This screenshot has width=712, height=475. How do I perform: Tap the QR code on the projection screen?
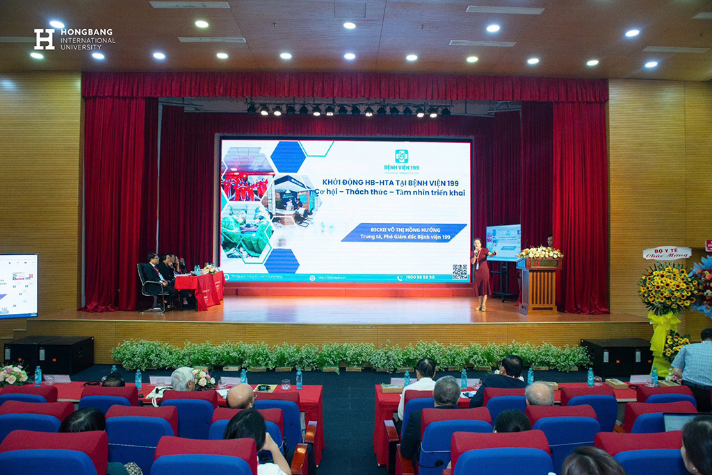(x=460, y=272)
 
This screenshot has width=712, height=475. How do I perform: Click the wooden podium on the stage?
(x=539, y=285)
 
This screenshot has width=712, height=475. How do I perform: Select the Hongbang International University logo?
(x=74, y=39)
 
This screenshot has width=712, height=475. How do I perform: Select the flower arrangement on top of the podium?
(x=540, y=252)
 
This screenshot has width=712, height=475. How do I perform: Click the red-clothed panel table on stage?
(x=200, y=288)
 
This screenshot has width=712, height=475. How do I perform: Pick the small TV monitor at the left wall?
(x=18, y=285)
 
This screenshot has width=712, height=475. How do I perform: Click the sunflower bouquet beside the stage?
(x=666, y=288)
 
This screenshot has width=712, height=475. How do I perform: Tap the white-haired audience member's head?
(x=183, y=379)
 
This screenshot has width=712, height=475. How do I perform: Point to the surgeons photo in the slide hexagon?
(x=245, y=233)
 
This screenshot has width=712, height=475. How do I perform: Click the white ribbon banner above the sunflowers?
(x=666, y=253)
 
